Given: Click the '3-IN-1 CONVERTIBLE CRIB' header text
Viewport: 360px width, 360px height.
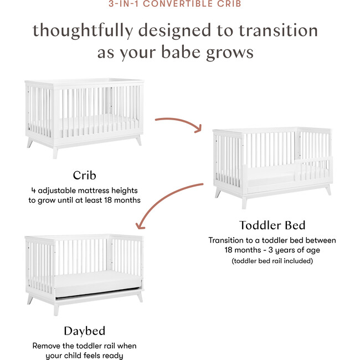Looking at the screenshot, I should click(x=180, y=4).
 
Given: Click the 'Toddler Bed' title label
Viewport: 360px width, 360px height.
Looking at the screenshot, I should click(x=272, y=225).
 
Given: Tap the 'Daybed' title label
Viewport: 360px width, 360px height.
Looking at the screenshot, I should click(x=84, y=331).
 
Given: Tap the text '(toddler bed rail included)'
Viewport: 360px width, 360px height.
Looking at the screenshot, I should click(x=272, y=260).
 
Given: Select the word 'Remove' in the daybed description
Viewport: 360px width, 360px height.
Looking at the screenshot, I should click(x=47, y=346).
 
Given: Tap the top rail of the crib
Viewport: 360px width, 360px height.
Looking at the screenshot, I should click(x=83, y=82).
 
